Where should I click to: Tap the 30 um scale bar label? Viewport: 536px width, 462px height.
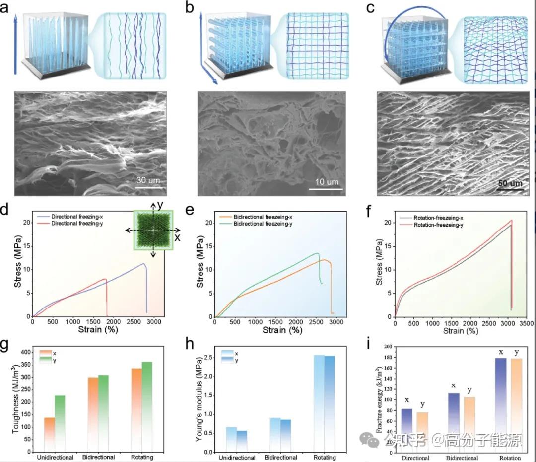148,181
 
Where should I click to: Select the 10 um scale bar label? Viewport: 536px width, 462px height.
327,182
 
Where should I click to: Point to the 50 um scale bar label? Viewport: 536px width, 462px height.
510,183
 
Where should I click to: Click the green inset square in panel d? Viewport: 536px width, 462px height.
153,230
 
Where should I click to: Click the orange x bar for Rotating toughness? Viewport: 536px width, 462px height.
136,408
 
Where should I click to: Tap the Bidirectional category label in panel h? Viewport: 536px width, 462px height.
281,457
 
